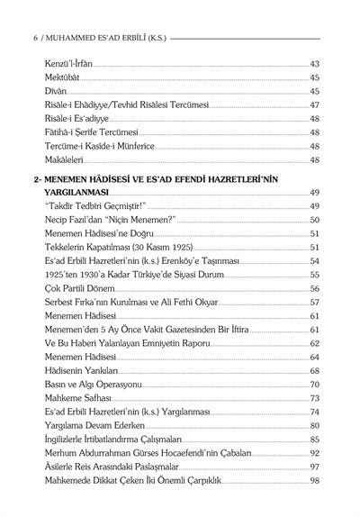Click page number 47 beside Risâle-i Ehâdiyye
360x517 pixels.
[x=315, y=105]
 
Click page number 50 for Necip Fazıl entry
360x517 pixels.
[x=315, y=220]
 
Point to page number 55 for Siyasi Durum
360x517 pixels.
[x=315, y=274]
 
